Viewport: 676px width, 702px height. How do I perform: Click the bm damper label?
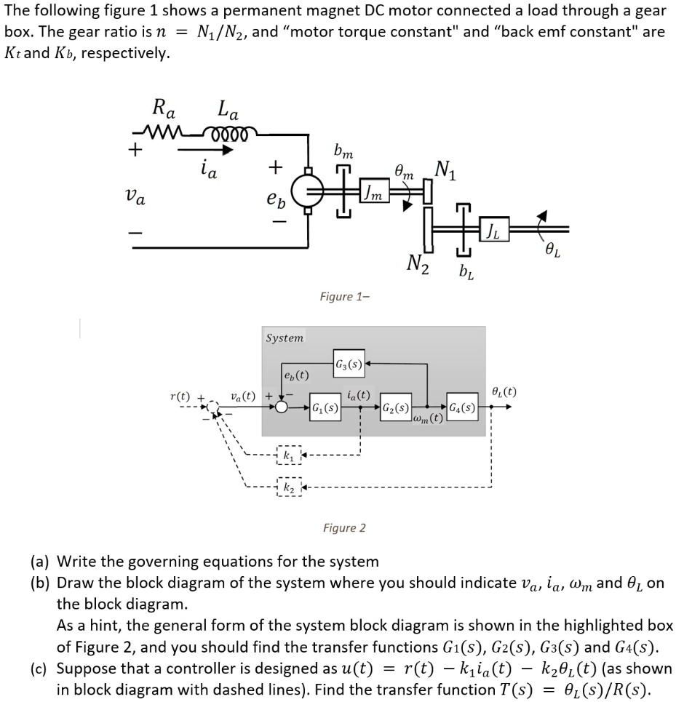pos(343,153)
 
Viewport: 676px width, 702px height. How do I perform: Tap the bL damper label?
pos(465,273)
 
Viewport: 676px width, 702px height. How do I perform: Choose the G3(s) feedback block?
pos(348,362)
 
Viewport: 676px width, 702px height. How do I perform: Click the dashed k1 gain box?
pos(289,456)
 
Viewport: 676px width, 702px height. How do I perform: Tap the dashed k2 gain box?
pos(289,485)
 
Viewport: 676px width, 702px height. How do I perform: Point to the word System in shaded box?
pos(285,338)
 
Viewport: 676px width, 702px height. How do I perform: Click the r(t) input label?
pos(179,397)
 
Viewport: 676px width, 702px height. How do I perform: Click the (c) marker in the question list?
pos(39,669)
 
